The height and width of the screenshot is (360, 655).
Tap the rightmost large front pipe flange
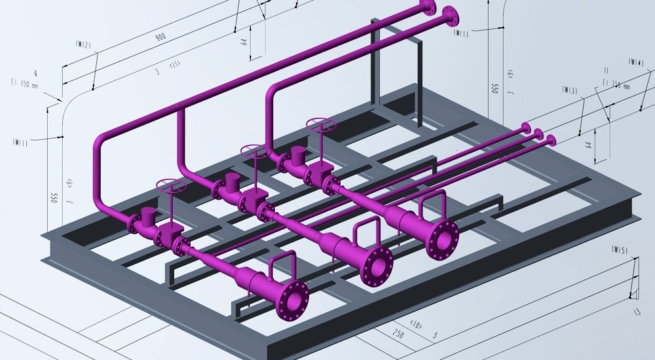coord(443,240)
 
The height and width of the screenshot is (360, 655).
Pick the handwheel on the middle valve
coord(253,152)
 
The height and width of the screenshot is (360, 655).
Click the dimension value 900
coord(160,37)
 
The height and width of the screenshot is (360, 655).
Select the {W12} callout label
coord(83,45)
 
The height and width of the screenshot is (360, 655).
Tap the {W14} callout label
coord(635,62)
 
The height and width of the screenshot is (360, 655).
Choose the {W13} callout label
coord(569,90)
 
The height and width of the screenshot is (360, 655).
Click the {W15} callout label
coord(619,249)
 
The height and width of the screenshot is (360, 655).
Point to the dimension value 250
coord(396,334)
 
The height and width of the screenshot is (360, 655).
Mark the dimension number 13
coord(637,313)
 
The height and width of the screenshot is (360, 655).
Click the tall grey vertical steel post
coord(375,65)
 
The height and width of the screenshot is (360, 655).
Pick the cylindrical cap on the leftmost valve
coord(148,215)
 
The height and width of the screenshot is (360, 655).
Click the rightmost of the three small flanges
coord(551,139)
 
